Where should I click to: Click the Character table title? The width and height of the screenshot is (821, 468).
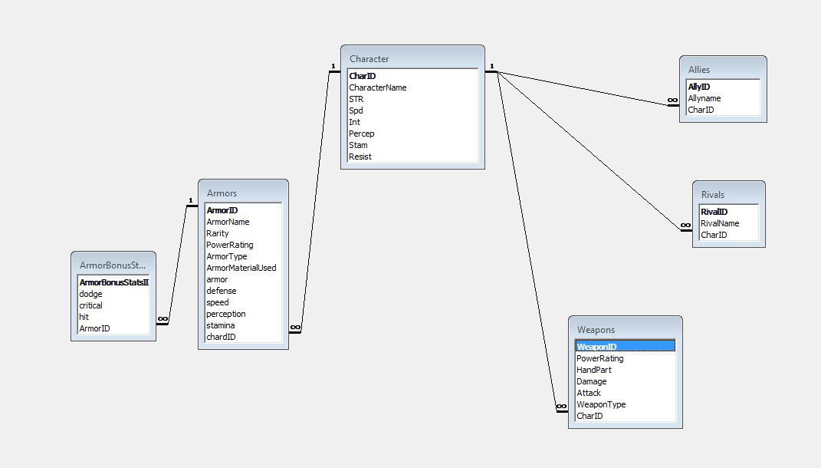point(369,59)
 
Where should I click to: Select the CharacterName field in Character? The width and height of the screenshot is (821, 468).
point(377,87)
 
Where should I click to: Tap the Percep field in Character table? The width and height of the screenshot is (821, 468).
point(361,133)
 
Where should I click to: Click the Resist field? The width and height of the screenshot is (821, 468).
point(360,157)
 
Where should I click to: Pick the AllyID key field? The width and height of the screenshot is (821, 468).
point(698,87)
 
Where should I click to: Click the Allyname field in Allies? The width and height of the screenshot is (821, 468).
point(704,98)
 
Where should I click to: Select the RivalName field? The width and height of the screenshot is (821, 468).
point(719,223)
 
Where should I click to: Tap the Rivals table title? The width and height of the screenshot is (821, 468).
point(712,195)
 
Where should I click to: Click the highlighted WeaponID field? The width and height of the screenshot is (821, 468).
point(596,347)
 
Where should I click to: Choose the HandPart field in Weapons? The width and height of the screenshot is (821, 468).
point(594,370)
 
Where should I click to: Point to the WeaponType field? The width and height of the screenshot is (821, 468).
point(601,404)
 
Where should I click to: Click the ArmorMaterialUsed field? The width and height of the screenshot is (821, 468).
point(241,268)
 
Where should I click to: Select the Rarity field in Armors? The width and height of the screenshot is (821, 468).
point(217,233)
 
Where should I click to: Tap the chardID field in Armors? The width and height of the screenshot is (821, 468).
point(221,337)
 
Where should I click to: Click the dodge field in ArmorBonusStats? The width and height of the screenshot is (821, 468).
point(90,294)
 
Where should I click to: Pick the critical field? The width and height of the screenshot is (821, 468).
point(91,305)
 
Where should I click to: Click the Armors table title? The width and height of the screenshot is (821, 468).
point(222,193)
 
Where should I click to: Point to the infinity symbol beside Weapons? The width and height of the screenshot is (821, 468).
point(561,406)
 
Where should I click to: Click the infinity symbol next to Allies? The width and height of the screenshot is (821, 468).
point(672,101)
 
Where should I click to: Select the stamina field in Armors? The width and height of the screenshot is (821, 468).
point(221,325)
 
